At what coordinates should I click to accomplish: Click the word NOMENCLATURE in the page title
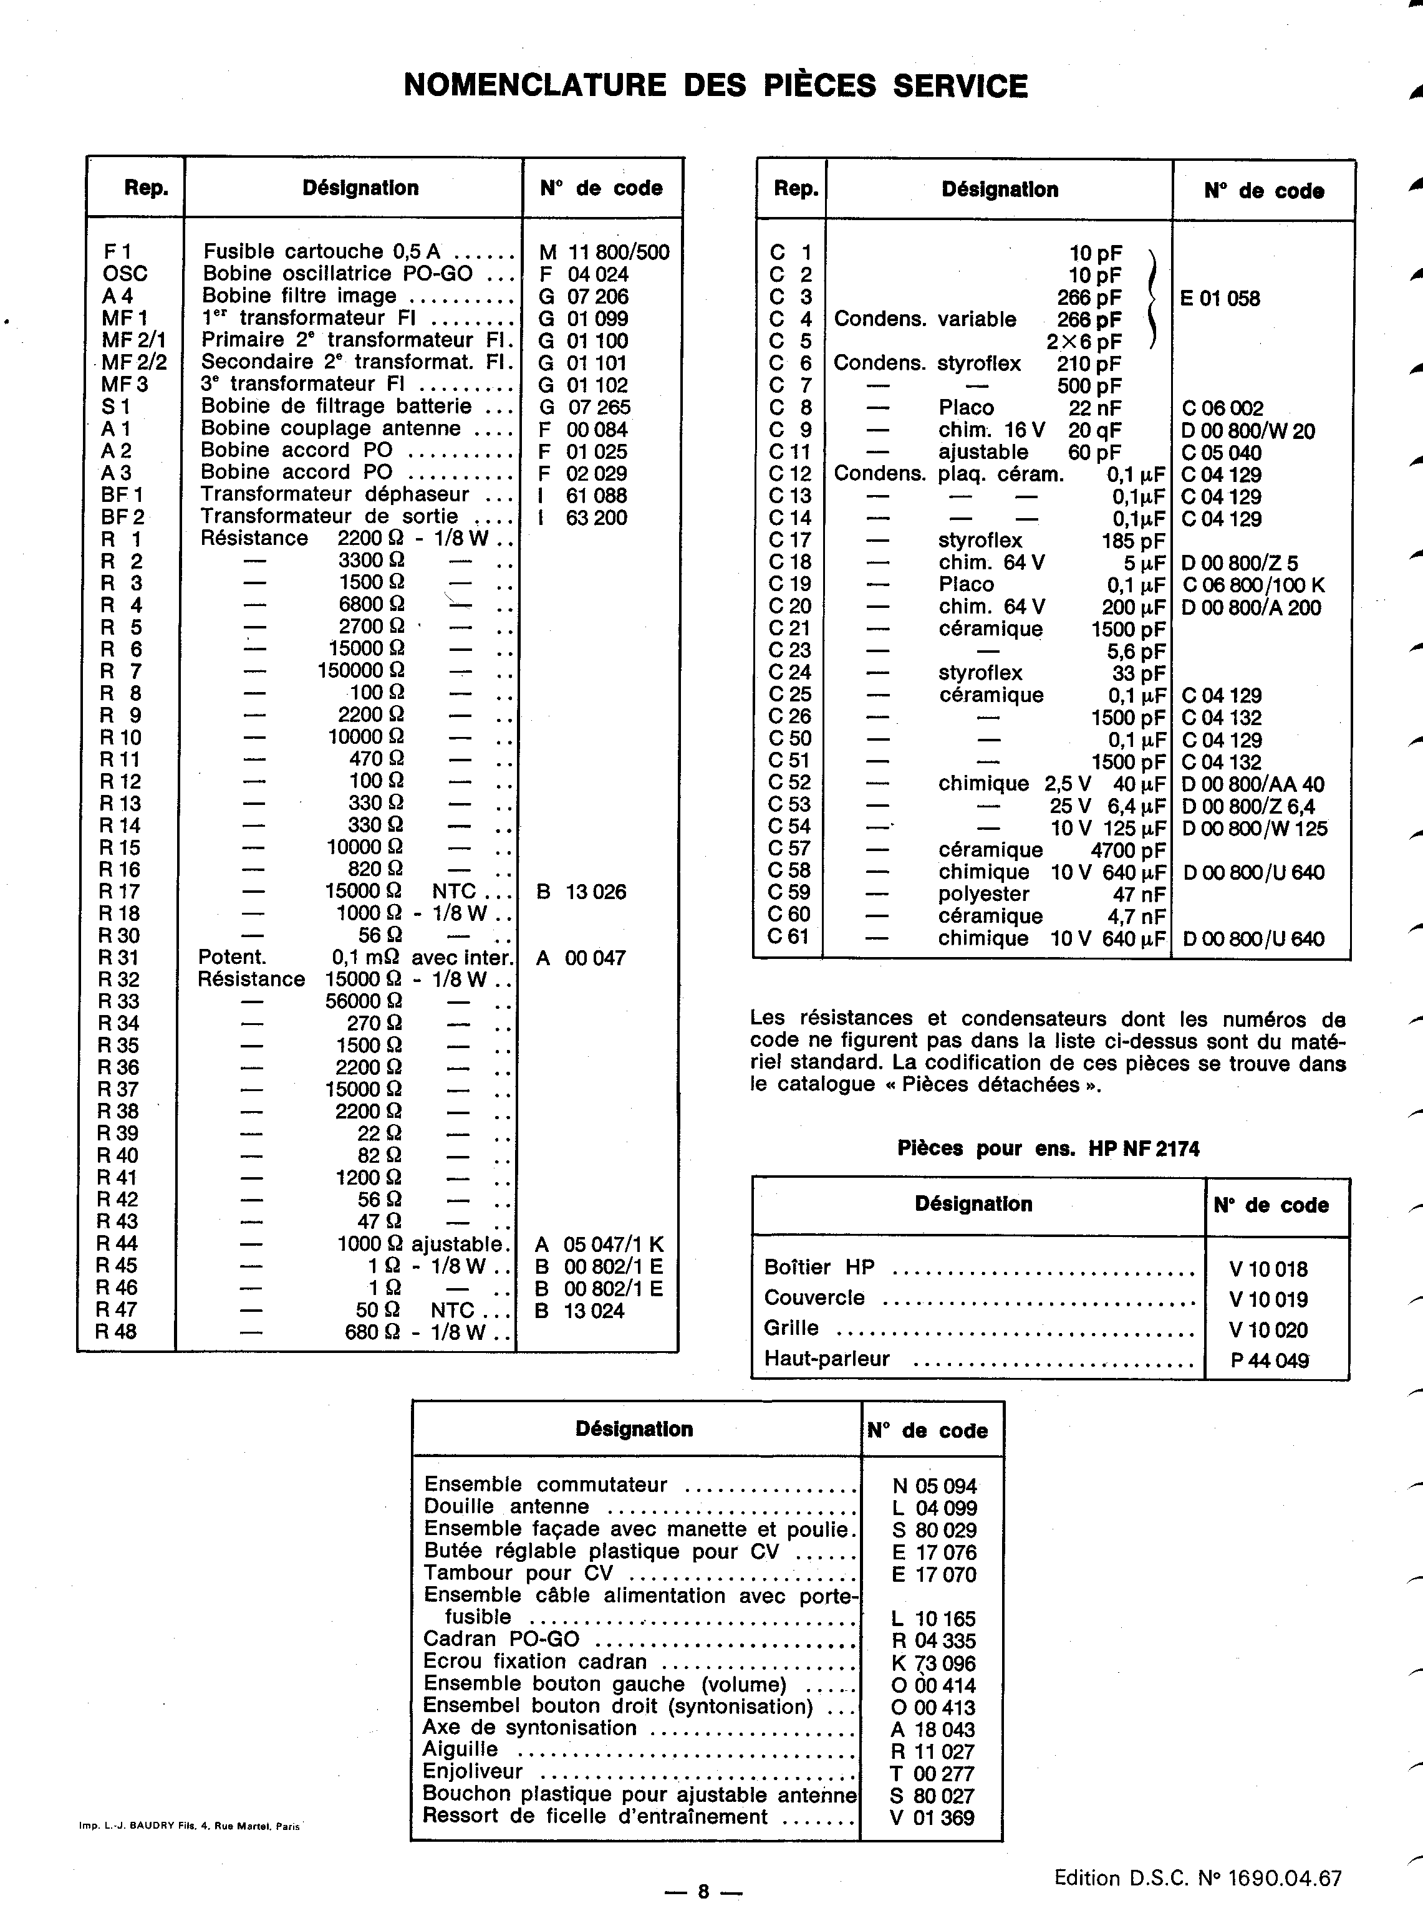(x=534, y=85)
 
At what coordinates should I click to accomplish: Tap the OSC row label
(x=125, y=274)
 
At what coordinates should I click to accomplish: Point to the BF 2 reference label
(x=122, y=517)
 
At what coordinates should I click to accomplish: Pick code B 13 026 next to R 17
(x=581, y=892)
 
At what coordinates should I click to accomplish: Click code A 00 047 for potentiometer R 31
(x=580, y=958)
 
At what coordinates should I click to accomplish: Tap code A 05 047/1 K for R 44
(x=599, y=1244)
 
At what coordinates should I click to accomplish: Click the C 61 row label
(x=789, y=936)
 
